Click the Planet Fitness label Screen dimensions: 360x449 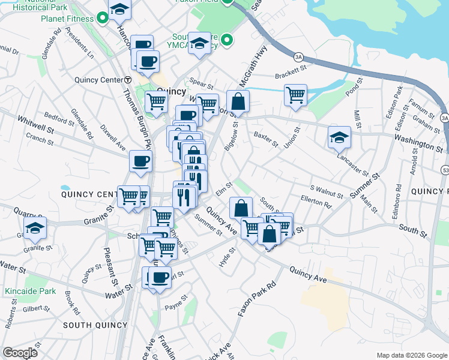pos(67,19)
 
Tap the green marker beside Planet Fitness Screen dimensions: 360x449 pos(103,19)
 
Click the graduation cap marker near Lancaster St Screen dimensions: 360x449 pos(339,137)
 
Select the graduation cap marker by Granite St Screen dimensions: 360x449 pos(35,227)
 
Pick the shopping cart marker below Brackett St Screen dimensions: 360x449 pos(295,94)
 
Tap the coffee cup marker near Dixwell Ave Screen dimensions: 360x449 pos(140,161)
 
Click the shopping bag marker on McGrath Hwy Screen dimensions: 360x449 pos(238,101)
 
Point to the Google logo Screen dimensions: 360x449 pos(20,353)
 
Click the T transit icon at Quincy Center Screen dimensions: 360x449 pos(128,80)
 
